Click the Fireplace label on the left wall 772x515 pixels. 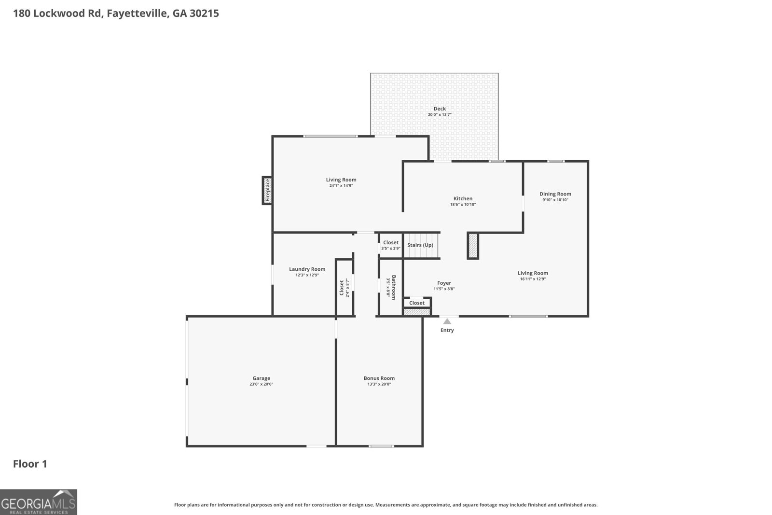coord(267,191)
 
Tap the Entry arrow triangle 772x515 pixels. coord(447,321)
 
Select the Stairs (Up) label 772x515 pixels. coord(420,245)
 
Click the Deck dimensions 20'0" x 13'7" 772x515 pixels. coord(440,115)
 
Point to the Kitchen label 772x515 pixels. coord(463,198)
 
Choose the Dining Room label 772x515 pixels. coord(555,194)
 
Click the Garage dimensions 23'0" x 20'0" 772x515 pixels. coord(261,384)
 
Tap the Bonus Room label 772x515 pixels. coord(379,378)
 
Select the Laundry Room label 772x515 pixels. coord(307,269)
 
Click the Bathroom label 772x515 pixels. coord(394,287)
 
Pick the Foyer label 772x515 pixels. coord(444,283)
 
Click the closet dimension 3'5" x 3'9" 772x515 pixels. coord(390,249)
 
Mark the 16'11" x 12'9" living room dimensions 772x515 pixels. coord(533,279)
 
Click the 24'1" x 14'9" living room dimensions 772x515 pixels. coord(341,185)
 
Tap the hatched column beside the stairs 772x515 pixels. coord(473,246)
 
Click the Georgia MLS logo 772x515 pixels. coord(39,502)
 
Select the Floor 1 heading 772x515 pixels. coord(30,464)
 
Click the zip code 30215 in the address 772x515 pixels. coord(204,13)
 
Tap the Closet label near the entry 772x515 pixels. coord(416,303)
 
